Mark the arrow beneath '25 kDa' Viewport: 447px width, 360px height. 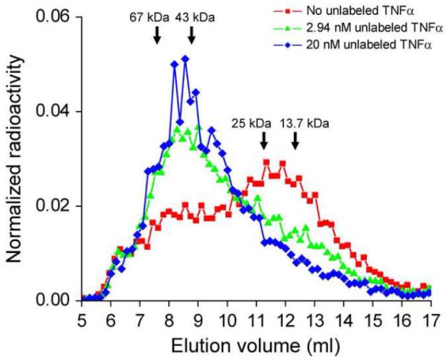point(263,140)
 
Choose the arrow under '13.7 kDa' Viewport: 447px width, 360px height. point(295,140)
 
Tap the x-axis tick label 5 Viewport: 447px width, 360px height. point(80,318)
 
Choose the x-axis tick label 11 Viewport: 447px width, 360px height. point(256,318)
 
